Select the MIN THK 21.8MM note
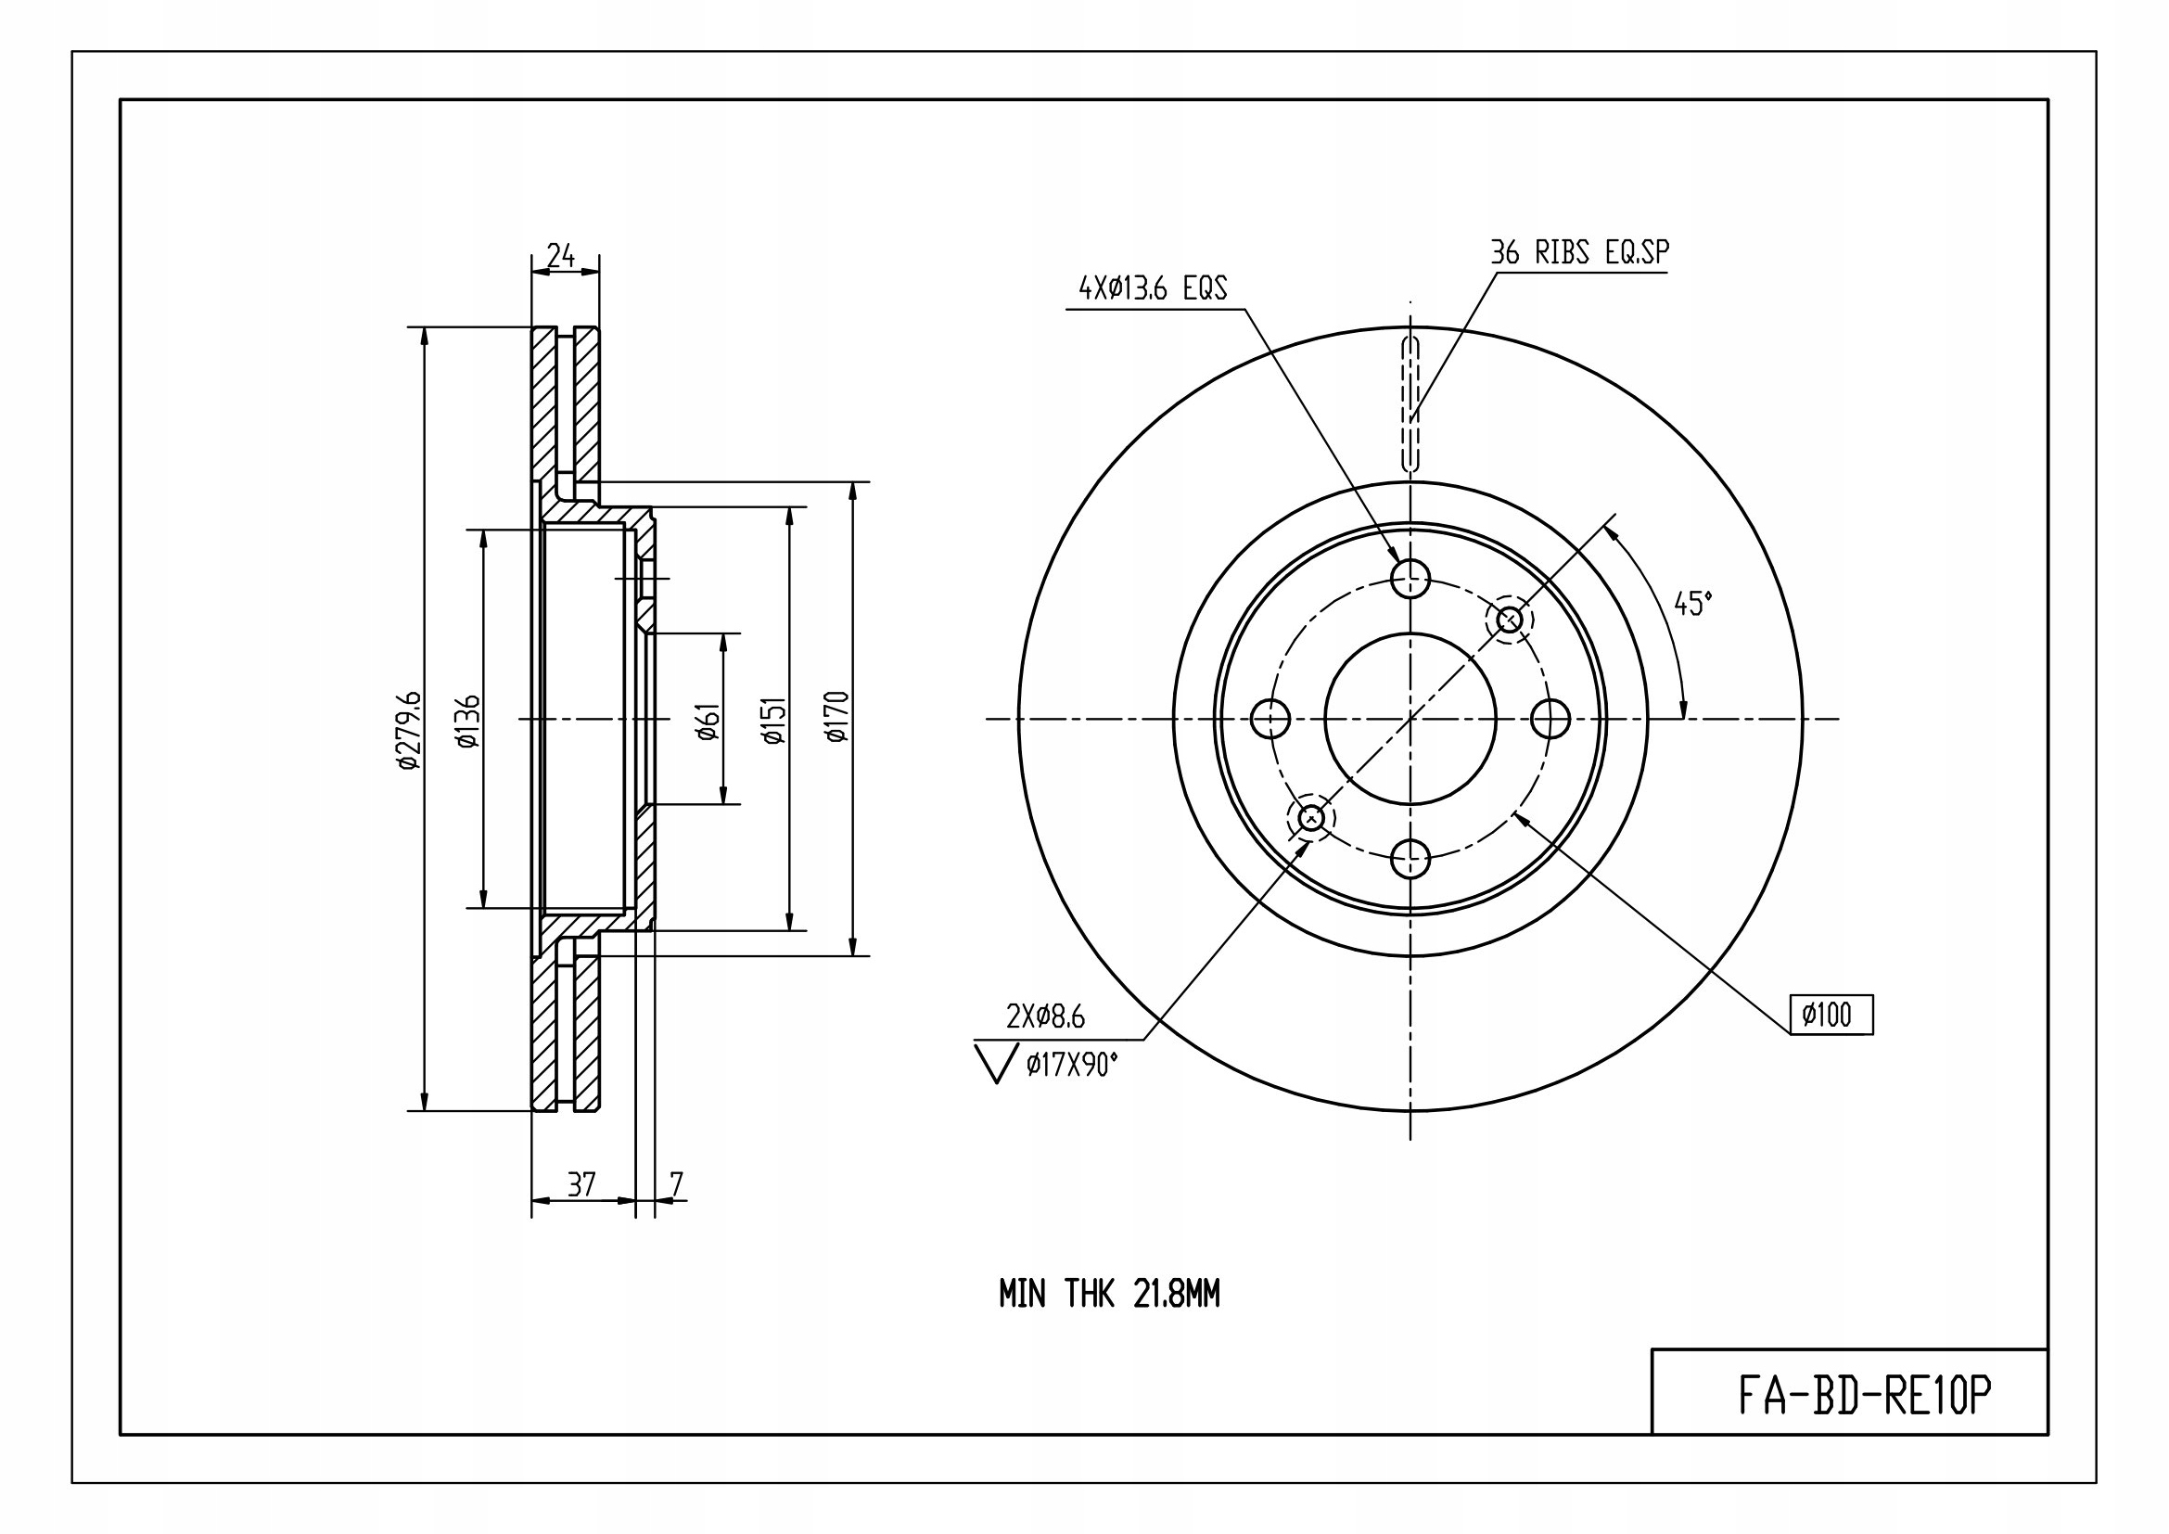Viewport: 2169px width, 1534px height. [x=1109, y=1293]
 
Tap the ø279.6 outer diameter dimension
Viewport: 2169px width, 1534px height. [x=408, y=730]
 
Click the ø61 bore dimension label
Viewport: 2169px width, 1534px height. [x=708, y=722]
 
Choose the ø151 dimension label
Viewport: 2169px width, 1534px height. [x=773, y=721]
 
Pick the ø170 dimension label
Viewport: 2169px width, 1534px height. [x=837, y=717]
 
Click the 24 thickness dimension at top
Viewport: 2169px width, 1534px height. [x=561, y=255]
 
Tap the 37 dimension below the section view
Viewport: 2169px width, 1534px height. [x=581, y=1183]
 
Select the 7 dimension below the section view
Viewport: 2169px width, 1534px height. [x=675, y=1183]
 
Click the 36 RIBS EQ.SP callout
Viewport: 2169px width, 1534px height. [x=1579, y=252]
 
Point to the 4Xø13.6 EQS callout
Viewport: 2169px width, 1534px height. [x=1153, y=288]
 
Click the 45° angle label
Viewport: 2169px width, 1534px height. [x=1693, y=604]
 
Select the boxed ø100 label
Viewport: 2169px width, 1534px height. [x=1831, y=1016]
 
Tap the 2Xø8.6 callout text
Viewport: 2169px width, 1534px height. [x=1046, y=1017]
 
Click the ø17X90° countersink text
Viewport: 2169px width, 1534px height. [x=1071, y=1066]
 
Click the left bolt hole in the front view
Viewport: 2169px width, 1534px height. [x=1270, y=719]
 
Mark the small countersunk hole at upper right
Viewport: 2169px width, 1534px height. [x=1510, y=620]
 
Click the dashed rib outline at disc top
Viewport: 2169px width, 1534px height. [x=1410, y=403]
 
